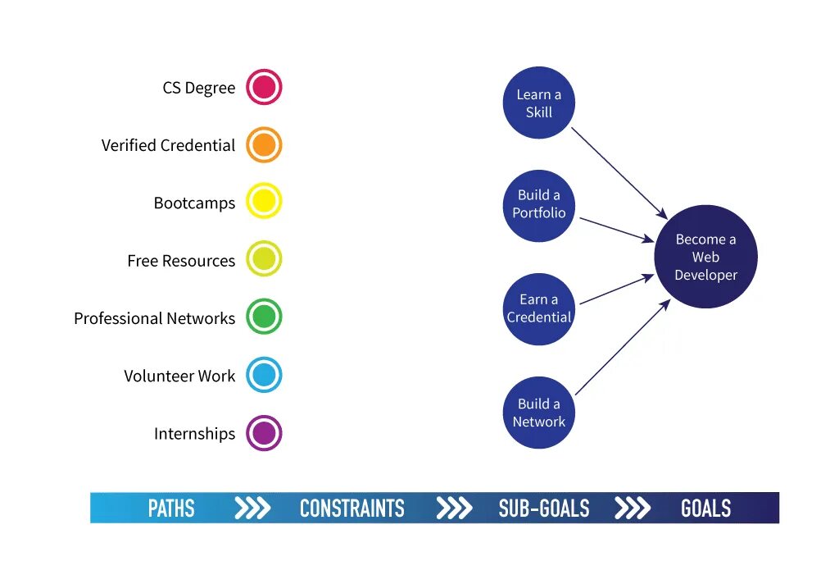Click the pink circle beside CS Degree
coord(264,87)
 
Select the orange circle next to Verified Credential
coord(264,145)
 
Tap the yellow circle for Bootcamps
coord(264,202)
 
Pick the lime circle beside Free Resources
coord(264,259)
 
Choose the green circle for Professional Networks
coord(264,317)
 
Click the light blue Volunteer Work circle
coord(264,375)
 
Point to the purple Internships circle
coord(264,433)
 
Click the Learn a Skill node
coord(538,103)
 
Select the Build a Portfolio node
coord(538,205)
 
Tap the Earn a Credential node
coord(538,308)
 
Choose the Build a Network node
coord(538,413)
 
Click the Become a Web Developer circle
coord(705,257)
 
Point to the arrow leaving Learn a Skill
coord(619,172)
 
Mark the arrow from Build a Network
coord(623,348)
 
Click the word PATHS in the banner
coord(171,509)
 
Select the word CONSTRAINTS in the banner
coord(351,509)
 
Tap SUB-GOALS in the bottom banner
coord(543,509)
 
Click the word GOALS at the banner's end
coord(705,509)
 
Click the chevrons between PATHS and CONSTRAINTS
coord(252,509)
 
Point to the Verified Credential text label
coord(168,145)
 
